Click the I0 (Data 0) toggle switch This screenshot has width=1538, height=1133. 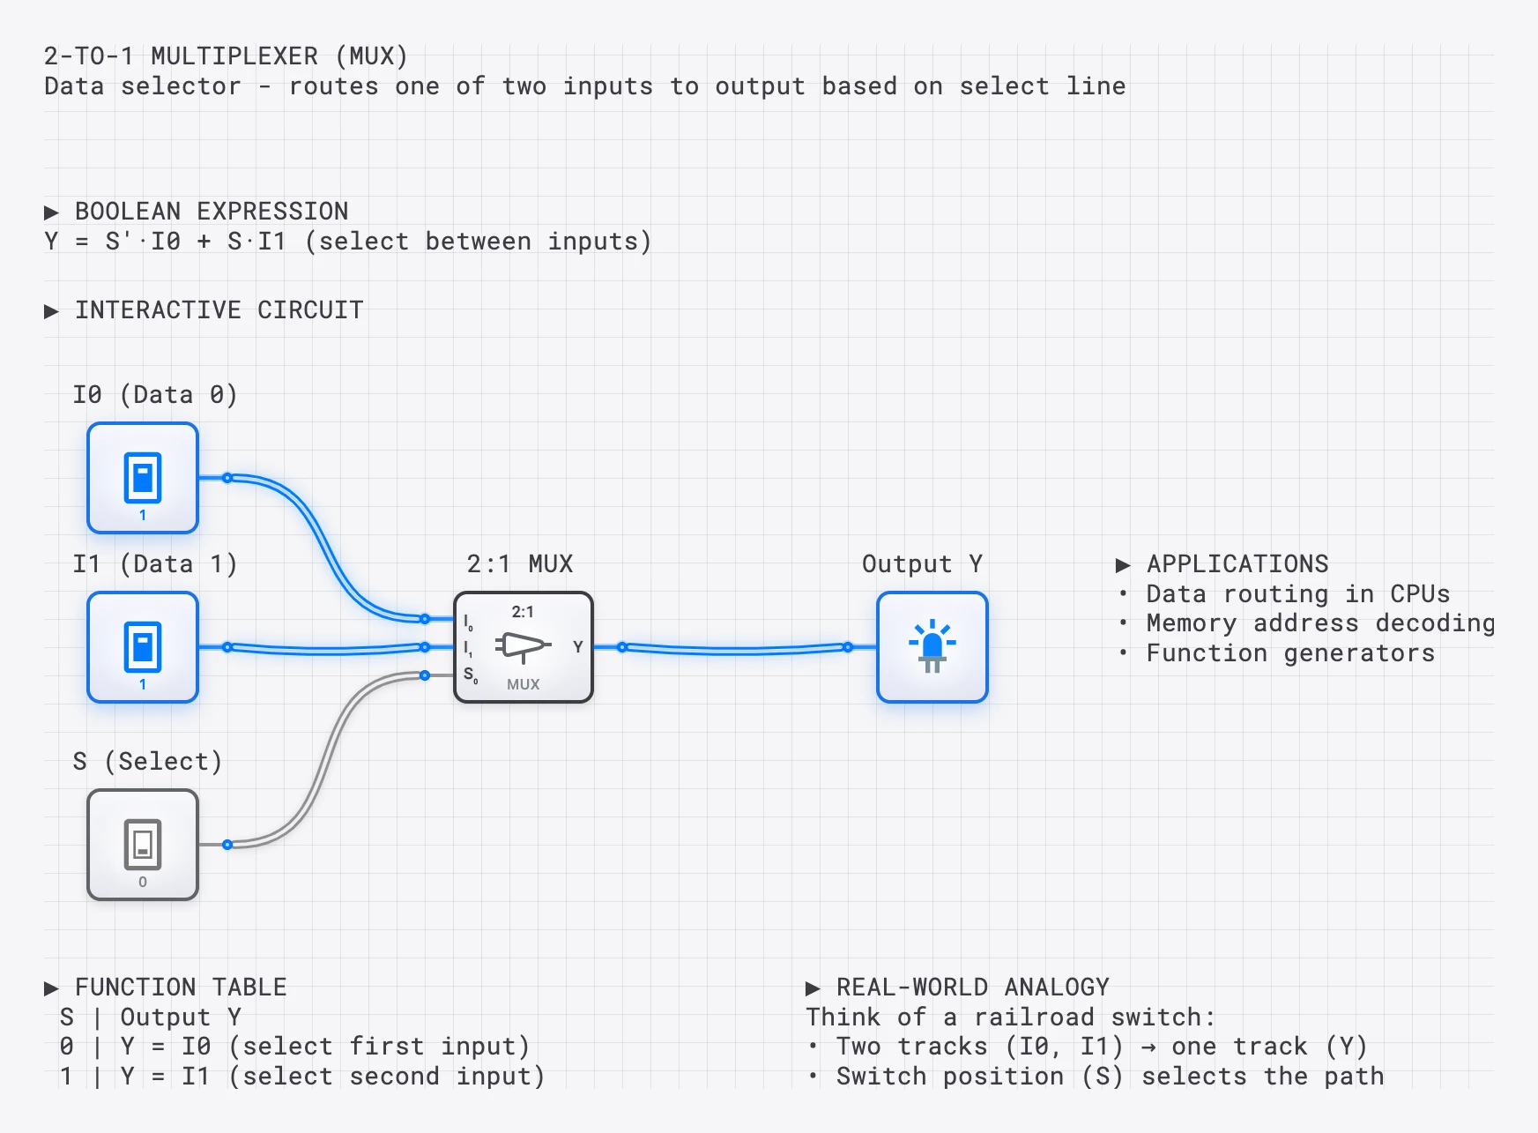143,478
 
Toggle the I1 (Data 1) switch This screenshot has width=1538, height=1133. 143,647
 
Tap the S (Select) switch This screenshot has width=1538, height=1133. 143,845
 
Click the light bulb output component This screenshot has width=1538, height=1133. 932,647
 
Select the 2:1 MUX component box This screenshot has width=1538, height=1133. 523,647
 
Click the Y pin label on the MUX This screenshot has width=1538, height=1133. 577,647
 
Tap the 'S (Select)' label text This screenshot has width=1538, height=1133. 147,761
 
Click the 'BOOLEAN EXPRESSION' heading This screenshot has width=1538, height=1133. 211,212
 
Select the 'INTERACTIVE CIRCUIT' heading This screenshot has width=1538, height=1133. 219,310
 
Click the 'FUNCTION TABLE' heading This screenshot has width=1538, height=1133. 180,988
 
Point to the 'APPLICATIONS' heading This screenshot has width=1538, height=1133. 1237,564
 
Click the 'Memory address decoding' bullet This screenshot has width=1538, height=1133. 1319,623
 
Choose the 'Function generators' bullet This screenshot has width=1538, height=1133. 1289,653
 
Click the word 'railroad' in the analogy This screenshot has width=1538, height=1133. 1034,1017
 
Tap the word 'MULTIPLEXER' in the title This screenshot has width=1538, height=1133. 234,56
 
